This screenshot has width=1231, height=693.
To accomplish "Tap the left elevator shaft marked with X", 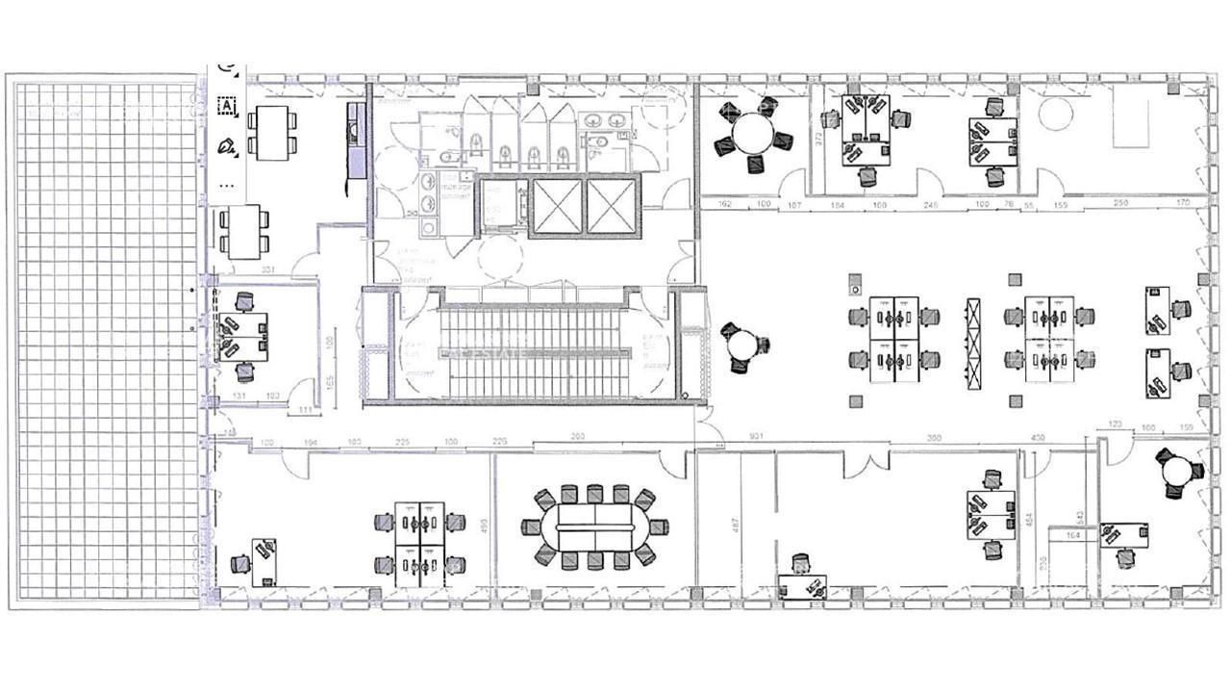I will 557,206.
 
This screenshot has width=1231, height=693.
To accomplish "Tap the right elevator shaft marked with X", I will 612,206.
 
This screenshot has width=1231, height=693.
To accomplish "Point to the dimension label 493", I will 485,525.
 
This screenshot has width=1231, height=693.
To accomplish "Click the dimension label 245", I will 930,204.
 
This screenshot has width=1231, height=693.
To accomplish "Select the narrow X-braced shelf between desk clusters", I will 973,344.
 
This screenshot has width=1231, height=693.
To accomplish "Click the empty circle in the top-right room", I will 1056,115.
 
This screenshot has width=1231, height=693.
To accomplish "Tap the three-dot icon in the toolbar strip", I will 227,184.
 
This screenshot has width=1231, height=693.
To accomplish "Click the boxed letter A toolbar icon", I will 227,106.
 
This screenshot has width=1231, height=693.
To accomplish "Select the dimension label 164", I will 1073,534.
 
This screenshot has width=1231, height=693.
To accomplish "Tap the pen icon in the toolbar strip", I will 227,145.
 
